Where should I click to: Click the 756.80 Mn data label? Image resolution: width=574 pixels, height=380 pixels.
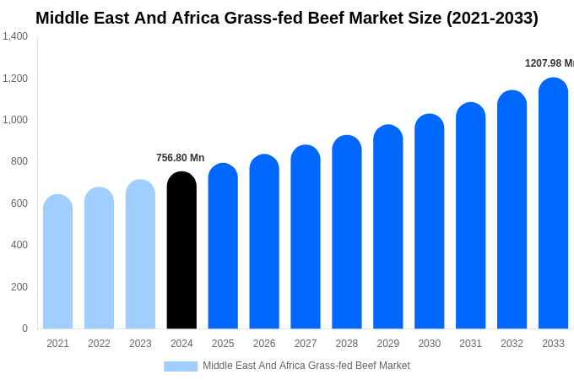click(x=180, y=158)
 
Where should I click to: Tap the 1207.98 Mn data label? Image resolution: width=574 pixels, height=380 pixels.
click(x=549, y=63)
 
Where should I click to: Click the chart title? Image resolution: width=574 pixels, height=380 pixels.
click(x=287, y=18)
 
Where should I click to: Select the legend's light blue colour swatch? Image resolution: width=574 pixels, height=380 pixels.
click(x=181, y=366)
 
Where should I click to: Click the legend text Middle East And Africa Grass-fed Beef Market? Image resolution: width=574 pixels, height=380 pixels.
click(x=306, y=366)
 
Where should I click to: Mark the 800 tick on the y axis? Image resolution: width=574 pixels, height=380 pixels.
click(x=19, y=161)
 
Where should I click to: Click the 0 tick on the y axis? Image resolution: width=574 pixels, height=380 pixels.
click(x=24, y=328)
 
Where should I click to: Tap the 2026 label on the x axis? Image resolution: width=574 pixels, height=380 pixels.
click(x=264, y=344)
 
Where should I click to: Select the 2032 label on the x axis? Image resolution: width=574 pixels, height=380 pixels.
click(x=512, y=344)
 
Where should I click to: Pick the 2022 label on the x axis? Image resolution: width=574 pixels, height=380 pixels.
click(x=99, y=344)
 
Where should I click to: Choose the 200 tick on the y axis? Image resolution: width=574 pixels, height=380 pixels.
click(x=19, y=287)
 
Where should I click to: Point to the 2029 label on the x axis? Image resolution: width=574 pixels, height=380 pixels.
click(x=388, y=344)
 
